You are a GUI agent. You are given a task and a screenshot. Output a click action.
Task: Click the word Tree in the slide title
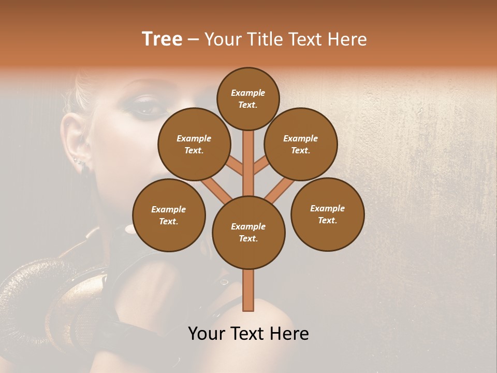pos(162,39)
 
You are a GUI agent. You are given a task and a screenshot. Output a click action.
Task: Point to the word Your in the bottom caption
pos(207,334)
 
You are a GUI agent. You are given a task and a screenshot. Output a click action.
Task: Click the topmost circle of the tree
pos(248,98)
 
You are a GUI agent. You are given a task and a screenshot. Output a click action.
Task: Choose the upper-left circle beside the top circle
pos(194,144)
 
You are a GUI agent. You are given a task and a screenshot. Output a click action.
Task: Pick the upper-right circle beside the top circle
pos(301,144)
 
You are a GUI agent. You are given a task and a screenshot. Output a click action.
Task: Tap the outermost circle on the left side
pos(169,215)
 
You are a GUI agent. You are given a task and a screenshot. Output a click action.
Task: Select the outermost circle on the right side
pos(327,214)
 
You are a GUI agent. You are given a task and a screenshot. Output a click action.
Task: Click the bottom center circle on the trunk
pos(248,232)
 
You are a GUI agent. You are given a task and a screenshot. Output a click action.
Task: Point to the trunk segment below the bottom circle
pos(248,290)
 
